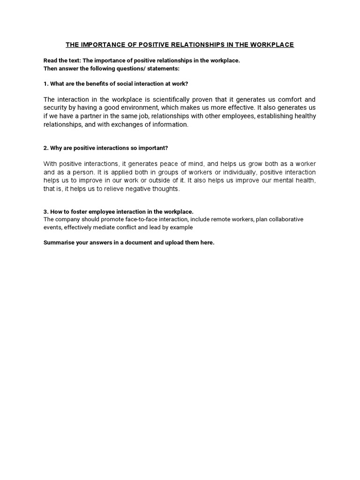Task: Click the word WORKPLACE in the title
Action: click(272, 45)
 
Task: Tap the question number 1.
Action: click(45, 84)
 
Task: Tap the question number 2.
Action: click(45, 148)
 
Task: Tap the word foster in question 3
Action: click(82, 212)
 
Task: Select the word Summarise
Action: click(60, 243)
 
